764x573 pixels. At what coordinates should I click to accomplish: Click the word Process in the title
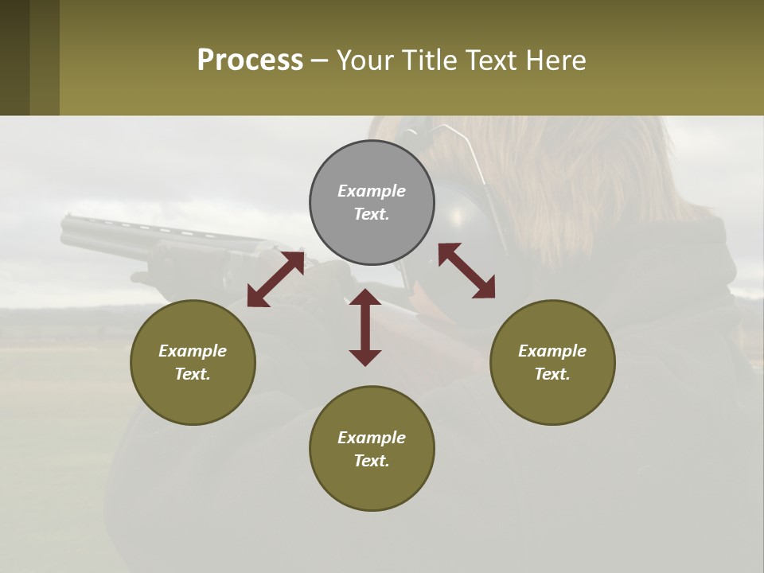tap(250, 60)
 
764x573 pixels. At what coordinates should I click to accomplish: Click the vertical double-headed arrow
tap(365, 327)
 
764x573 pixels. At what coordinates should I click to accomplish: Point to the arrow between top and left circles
tap(276, 279)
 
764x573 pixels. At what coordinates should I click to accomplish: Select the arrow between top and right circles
tap(467, 271)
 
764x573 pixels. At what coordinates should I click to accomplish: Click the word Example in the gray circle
tap(372, 191)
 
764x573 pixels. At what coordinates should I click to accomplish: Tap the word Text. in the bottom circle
tap(372, 461)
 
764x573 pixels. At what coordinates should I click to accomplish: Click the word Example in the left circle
tap(193, 351)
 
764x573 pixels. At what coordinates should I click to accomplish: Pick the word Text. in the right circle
tap(552, 374)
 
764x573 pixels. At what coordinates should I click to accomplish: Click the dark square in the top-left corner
tap(14, 57)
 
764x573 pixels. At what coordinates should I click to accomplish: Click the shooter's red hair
tap(605, 175)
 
